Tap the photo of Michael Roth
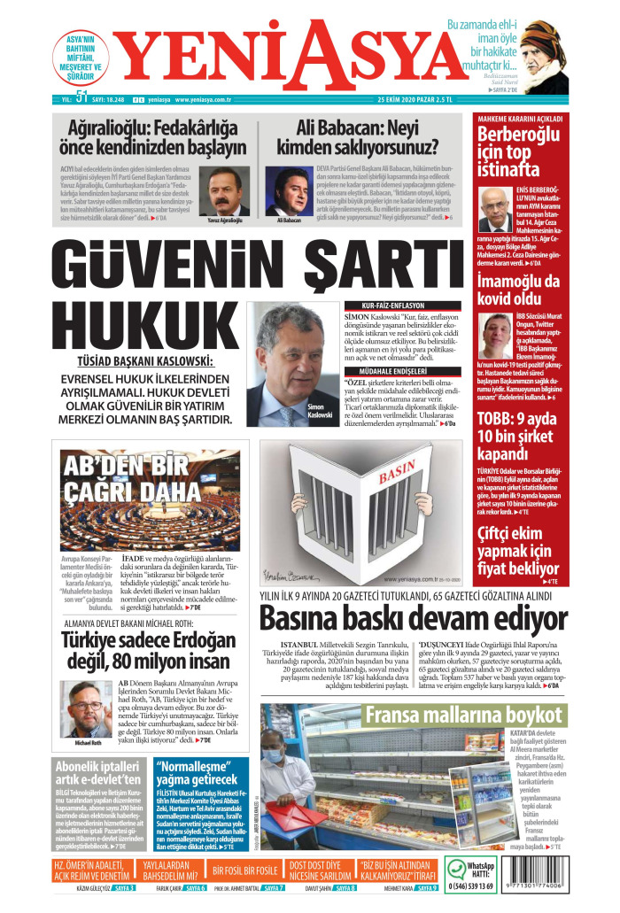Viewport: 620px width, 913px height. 86,709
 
